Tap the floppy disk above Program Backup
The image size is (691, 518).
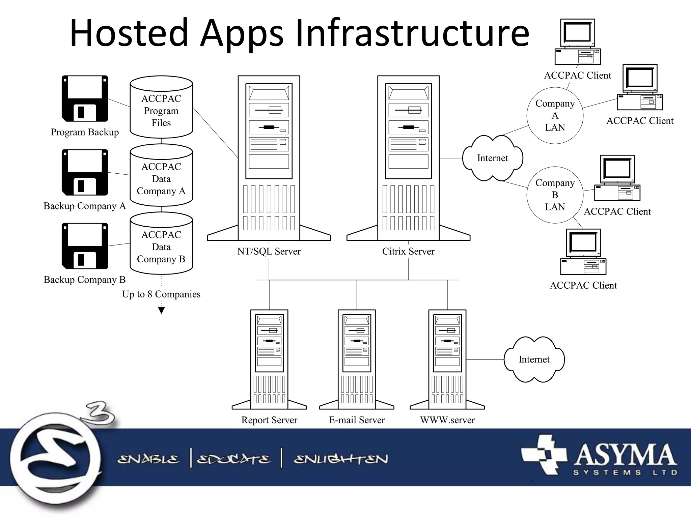(x=85, y=98)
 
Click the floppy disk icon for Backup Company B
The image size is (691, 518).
(x=85, y=246)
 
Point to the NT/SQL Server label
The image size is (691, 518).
(x=269, y=251)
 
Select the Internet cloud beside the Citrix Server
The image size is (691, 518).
(x=492, y=158)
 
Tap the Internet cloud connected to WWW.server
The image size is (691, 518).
(x=534, y=359)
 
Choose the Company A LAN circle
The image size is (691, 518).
(x=555, y=115)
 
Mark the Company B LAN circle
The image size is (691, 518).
(x=555, y=195)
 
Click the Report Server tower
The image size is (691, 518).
(x=269, y=359)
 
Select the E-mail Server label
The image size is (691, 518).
(x=357, y=420)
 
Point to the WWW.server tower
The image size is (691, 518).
(x=447, y=359)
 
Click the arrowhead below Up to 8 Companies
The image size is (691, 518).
(x=162, y=311)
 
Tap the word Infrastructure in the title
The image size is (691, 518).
(x=412, y=33)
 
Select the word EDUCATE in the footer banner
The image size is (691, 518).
(x=233, y=459)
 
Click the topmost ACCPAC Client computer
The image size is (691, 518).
(x=578, y=42)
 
